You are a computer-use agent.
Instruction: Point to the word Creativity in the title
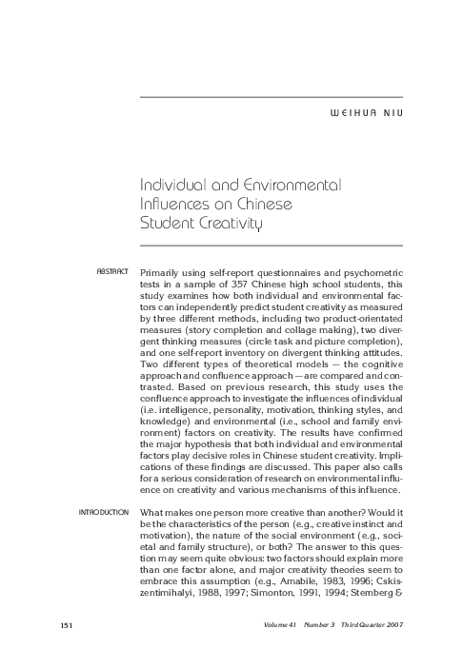226,223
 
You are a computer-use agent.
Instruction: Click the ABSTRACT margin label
112,272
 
